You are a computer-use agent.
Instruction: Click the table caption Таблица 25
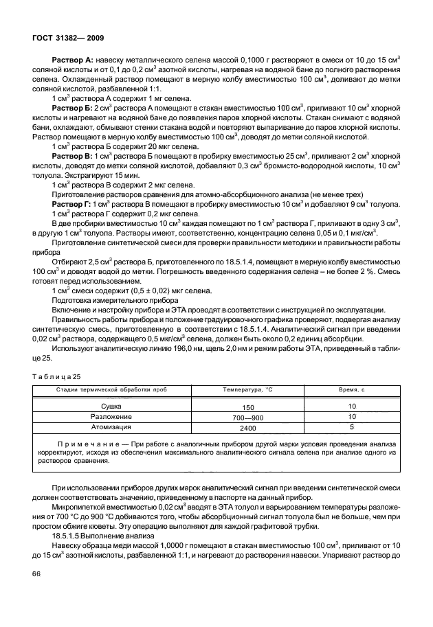[56, 376]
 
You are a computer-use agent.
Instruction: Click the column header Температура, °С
[247, 390]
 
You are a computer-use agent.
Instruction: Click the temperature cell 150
[247, 407]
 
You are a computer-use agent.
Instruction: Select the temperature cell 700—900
[247, 417]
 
